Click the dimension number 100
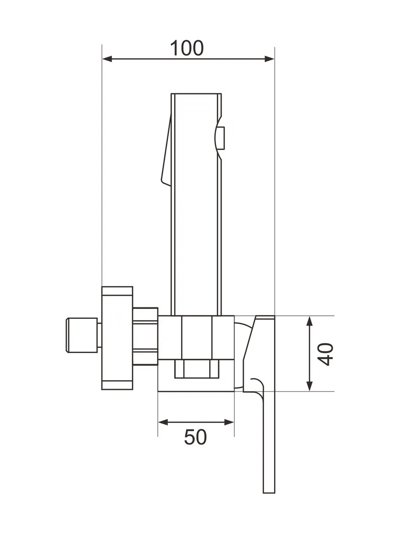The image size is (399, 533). [x=187, y=48]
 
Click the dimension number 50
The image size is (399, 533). [x=196, y=437]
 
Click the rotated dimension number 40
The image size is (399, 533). [x=325, y=354]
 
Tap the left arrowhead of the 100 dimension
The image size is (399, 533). [x=107, y=59]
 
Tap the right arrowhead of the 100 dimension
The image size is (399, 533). [x=269, y=59]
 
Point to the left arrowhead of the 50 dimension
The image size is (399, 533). [x=163, y=422]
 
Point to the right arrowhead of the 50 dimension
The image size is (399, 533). [x=229, y=422]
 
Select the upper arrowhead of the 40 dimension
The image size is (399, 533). [x=309, y=321]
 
